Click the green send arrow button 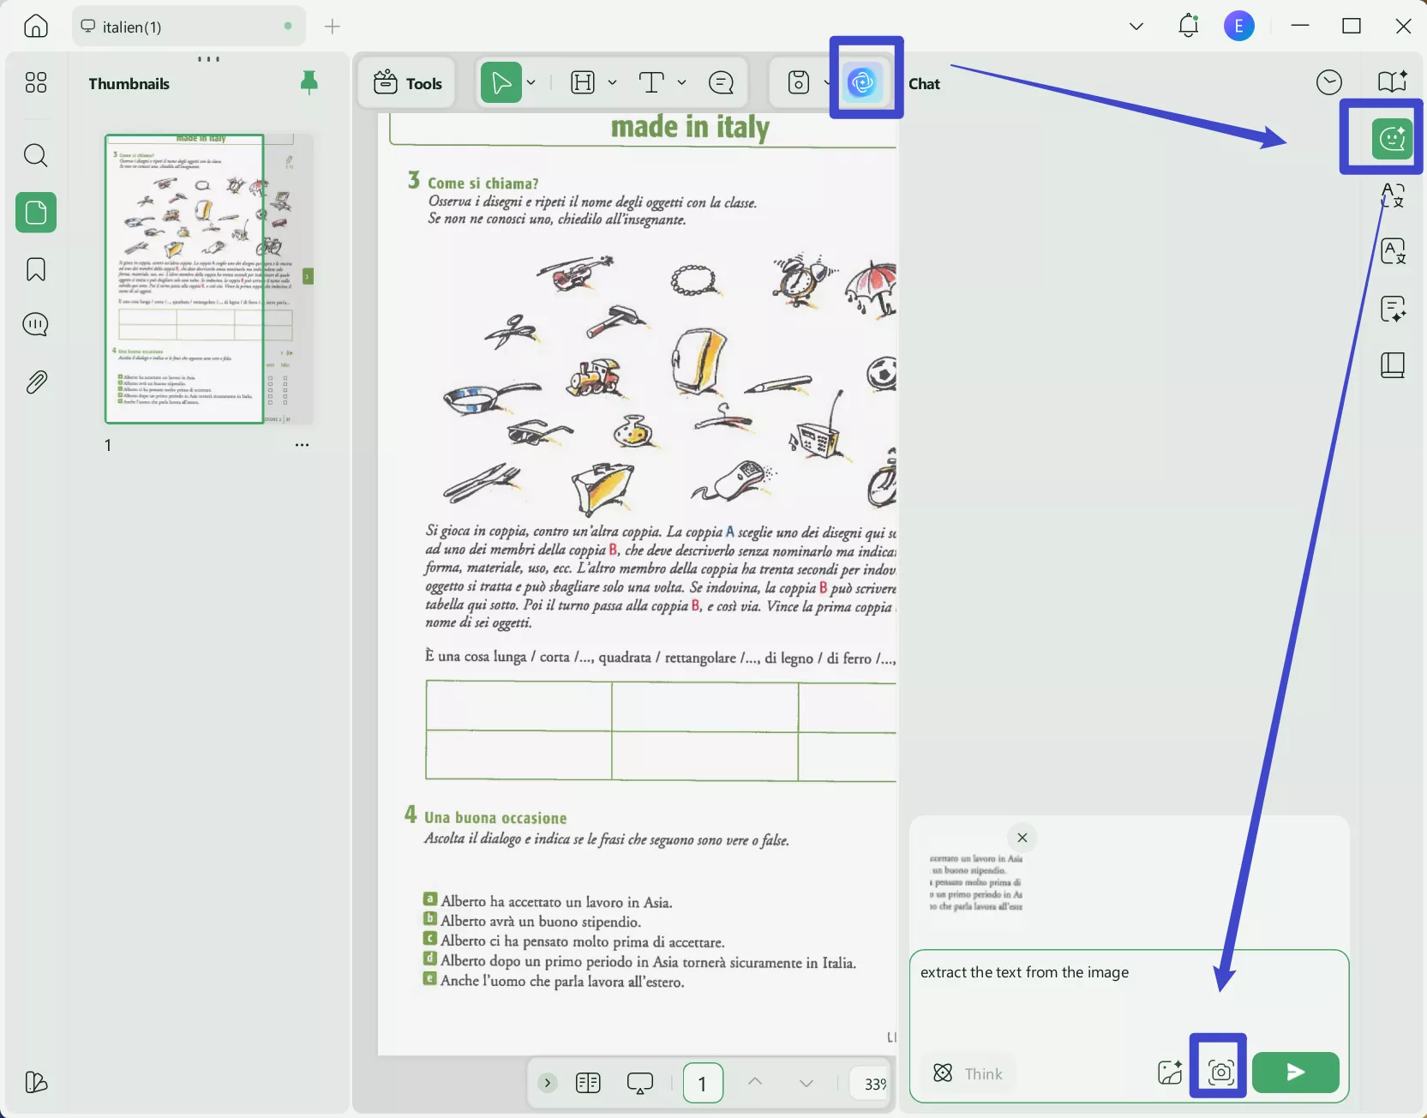1295,1072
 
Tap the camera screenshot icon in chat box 1220,1072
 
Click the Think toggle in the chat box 968,1073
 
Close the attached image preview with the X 1022,838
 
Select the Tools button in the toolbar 408,83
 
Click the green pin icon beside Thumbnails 309,82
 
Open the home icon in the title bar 36,27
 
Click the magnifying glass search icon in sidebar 35,155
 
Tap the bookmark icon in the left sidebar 36,269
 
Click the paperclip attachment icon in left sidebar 36,382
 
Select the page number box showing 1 702,1084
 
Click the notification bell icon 1188,27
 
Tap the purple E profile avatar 1238,27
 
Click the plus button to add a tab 333,27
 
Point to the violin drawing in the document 574,273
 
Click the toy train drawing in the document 594,377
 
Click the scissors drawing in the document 512,330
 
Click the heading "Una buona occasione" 495,818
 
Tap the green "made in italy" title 690,128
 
